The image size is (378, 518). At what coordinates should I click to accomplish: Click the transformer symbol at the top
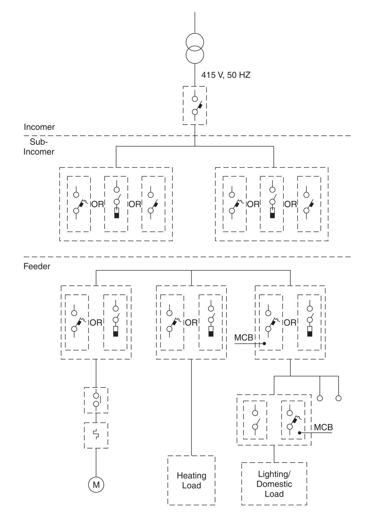pyautogui.click(x=195, y=48)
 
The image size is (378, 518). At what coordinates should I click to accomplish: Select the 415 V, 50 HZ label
pyautogui.click(x=226, y=75)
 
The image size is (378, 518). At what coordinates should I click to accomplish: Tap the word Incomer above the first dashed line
pyautogui.click(x=39, y=127)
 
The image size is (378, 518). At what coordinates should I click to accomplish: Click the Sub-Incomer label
pyautogui.click(x=39, y=146)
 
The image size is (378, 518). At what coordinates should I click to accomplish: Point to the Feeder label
pyautogui.click(x=37, y=266)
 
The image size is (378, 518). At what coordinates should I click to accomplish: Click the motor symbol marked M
pyautogui.click(x=96, y=484)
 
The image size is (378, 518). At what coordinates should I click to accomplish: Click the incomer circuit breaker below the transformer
pyautogui.click(x=195, y=106)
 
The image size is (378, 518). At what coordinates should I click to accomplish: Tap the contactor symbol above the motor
pyautogui.click(x=96, y=400)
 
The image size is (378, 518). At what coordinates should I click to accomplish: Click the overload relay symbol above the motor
pyautogui.click(x=96, y=435)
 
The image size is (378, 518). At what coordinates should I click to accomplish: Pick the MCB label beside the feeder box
pyautogui.click(x=244, y=338)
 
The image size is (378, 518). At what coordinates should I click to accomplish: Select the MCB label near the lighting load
pyautogui.click(x=323, y=427)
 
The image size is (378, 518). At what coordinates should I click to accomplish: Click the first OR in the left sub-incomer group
pyautogui.click(x=98, y=204)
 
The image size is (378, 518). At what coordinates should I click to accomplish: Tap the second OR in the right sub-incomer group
pyautogui.click(x=291, y=204)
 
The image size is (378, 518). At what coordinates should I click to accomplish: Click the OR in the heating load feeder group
pyautogui.click(x=191, y=323)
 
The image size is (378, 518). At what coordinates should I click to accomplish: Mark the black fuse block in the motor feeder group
pyautogui.click(x=116, y=333)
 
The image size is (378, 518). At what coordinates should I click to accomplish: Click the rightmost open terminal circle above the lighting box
pyautogui.click(x=338, y=398)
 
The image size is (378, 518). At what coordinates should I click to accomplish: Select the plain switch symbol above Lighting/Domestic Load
pyautogui.click(x=255, y=420)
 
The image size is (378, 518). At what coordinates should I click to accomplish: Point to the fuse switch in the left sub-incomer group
pyautogui.click(x=116, y=204)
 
